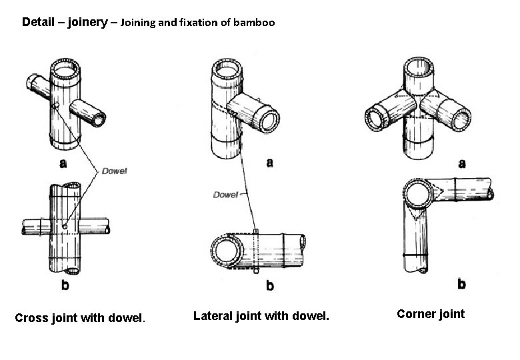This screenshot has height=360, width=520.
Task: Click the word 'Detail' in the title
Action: click(37, 22)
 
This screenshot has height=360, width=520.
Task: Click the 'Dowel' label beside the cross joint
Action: click(115, 171)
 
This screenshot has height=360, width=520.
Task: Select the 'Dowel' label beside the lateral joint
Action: click(225, 195)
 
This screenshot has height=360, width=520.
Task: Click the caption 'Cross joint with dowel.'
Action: click(80, 318)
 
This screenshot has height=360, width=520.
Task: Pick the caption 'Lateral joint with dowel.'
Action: click(261, 315)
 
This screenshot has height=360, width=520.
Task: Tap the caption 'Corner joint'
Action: click(430, 313)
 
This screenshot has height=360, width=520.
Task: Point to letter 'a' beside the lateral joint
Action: click(269, 162)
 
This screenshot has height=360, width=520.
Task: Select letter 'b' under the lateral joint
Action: click(269, 286)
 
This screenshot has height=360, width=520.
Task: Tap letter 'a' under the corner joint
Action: click(461, 163)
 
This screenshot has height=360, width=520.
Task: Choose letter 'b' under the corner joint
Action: click(461, 284)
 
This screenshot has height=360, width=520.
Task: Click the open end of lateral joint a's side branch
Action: click(271, 121)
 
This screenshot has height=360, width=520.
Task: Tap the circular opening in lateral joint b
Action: click(223, 251)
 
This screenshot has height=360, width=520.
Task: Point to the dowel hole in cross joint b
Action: click(65, 228)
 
